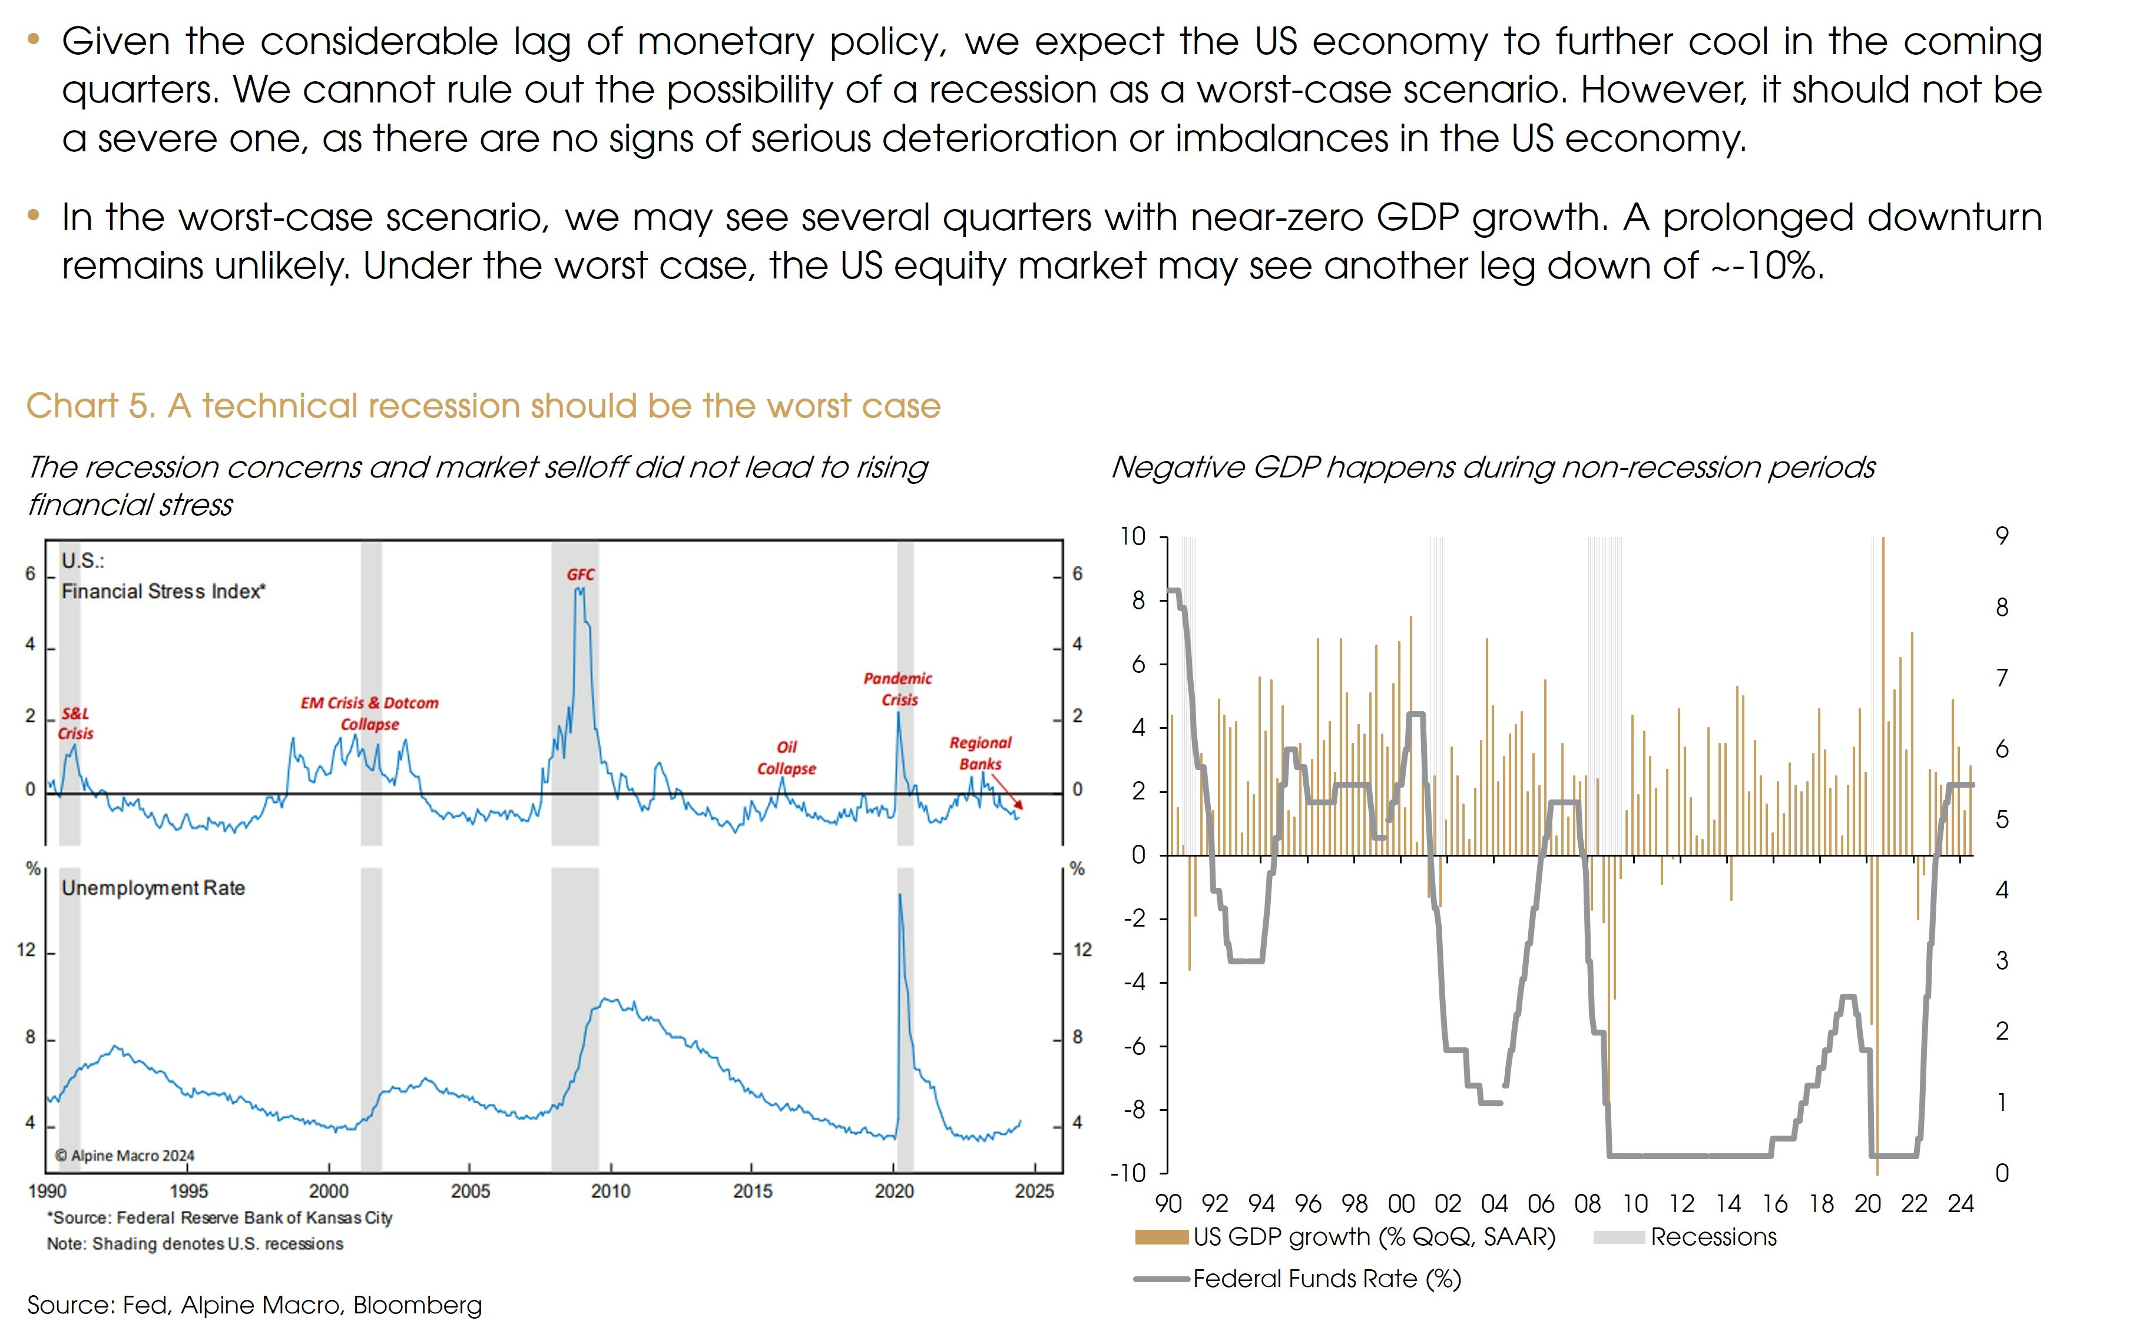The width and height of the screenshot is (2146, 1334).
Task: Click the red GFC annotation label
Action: coord(581,575)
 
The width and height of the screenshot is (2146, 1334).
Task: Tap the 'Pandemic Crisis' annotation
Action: coord(898,689)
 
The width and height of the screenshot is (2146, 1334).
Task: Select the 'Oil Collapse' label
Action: coord(786,758)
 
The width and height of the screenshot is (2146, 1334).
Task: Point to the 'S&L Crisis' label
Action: coord(76,724)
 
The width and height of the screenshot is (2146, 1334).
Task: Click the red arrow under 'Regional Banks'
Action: coord(1008,791)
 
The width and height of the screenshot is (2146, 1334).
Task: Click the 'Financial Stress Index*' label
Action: coord(163,591)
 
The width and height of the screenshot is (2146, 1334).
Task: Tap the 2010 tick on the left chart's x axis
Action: coord(611,1191)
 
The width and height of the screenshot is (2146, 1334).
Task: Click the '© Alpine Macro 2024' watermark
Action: coord(124,1156)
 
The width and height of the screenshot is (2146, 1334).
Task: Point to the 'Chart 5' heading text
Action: coord(483,406)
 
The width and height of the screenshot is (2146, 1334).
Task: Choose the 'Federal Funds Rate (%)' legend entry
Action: coord(1326,1279)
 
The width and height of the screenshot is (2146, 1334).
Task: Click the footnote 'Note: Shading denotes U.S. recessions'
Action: coord(195,1244)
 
